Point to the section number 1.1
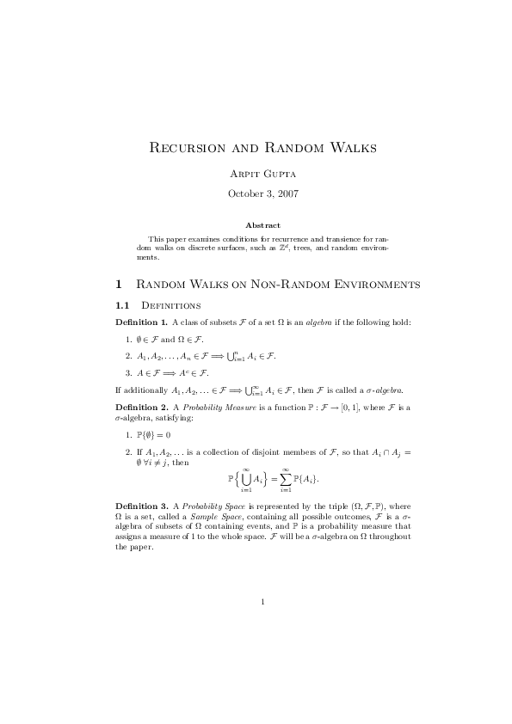(x=122, y=305)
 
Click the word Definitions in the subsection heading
(x=170, y=305)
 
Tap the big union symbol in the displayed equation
(x=245, y=476)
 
